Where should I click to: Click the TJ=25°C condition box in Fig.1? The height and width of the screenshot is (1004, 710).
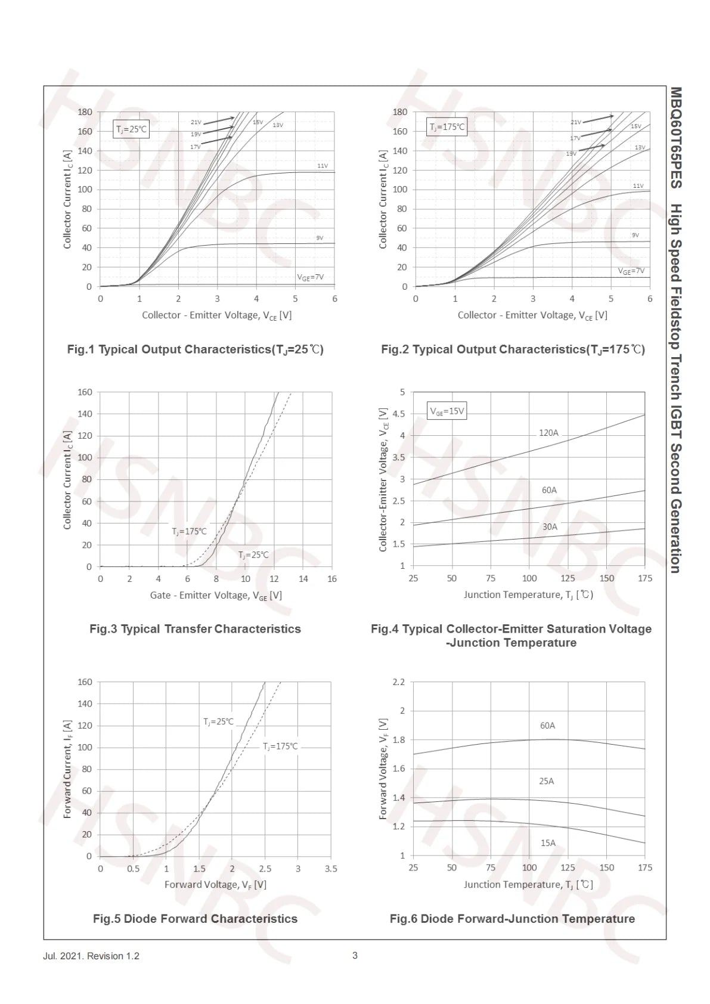[131, 129]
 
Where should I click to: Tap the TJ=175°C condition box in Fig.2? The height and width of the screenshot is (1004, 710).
[447, 127]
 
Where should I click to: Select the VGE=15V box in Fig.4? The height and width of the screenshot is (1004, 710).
[447, 411]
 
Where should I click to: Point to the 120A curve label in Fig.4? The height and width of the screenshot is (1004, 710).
[548, 433]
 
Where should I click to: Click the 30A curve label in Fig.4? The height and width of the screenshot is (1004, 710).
[550, 526]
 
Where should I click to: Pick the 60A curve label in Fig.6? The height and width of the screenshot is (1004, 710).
[547, 725]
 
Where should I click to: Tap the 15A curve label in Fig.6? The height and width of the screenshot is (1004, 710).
[548, 842]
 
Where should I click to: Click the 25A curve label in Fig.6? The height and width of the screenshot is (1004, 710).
[547, 781]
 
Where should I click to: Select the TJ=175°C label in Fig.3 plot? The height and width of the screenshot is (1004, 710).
[189, 532]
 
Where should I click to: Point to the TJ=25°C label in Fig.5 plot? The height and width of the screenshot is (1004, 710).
[218, 721]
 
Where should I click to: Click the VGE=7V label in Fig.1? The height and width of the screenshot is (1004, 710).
[310, 277]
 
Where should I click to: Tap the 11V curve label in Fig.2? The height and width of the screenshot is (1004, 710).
[638, 185]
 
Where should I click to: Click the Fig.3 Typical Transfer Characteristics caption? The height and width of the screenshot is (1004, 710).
[195, 629]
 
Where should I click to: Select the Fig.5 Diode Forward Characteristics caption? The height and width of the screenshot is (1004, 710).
[195, 919]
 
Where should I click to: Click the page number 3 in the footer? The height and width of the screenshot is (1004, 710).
[355, 956]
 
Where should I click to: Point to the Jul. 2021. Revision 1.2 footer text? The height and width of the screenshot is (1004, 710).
[91, 956]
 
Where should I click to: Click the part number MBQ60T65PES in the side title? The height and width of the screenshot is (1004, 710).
[676, 138]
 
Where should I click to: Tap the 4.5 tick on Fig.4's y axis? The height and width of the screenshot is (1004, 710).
[398, 414]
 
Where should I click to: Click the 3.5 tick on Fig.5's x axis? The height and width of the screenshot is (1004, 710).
[331, 869]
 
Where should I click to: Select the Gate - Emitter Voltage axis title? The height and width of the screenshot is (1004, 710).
[216, 595]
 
